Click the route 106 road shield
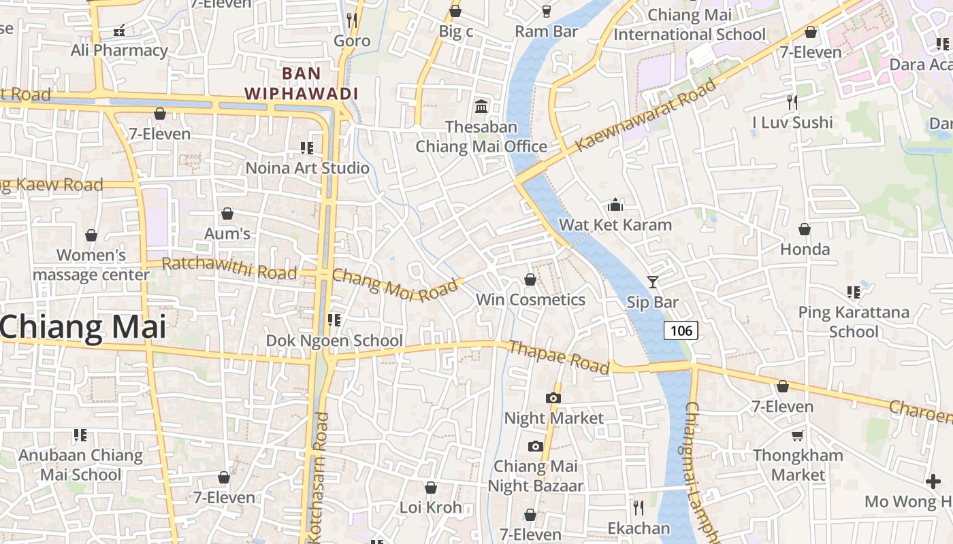point(681,331)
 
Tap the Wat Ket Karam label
point(615,224)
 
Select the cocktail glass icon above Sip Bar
point(653,282)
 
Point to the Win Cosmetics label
point(530,299)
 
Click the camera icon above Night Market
point(553,398)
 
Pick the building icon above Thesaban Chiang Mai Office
point(481,106)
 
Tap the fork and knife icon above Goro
point(352,20)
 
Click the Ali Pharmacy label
point(119,50)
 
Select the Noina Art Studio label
point(307,168)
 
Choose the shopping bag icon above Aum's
point(227,214)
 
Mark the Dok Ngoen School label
point(334,340)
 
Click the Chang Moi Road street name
point(395,285)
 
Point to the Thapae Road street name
point(559,357)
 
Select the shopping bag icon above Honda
point(805,229)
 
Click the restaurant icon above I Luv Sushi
point(792,103)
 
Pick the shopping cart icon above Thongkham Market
point(797,435)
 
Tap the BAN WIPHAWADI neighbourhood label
point(301,83)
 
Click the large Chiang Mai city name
point(82,327)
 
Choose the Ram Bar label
point(546,31)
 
